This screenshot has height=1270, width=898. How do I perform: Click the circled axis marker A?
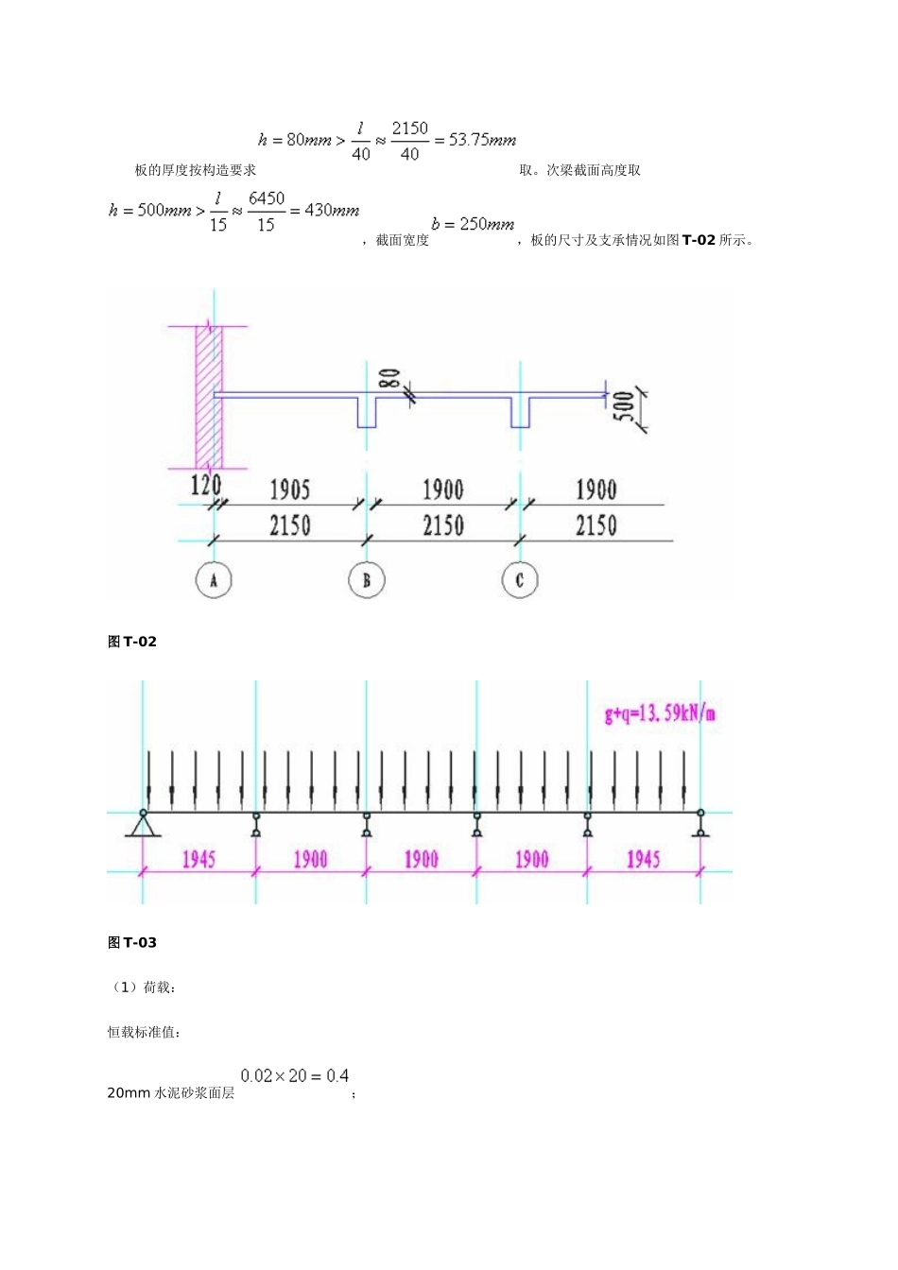point(214,580)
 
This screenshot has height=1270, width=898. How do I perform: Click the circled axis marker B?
point(367,580)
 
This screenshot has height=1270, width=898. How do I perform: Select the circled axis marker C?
point(519,580)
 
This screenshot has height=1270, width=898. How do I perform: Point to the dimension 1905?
point(289,489)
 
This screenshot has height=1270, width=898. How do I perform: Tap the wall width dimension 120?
point(205,486)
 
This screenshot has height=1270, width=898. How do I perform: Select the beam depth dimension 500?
point(627,407)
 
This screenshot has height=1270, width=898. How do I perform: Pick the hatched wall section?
point(208,397)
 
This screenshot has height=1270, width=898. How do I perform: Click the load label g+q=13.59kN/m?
point(660,712)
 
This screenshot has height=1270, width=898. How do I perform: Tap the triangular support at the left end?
point(144,825)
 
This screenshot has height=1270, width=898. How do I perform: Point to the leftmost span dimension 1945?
point(199,859)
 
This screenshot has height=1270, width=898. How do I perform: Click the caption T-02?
point(133,642)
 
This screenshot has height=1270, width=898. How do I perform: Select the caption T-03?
point(133,942)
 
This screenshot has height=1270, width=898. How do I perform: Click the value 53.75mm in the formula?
point(482,140)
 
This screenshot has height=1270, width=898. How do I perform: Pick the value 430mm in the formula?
point(332,210)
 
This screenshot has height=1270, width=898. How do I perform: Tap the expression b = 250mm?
point(473,224)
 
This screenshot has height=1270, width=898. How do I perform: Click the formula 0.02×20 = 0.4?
point(294,1075)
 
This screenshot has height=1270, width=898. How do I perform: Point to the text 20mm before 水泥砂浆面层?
point(129,1092)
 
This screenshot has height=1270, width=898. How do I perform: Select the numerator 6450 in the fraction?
point(267,198)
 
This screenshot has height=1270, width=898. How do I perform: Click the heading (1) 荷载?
point(143,987)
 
